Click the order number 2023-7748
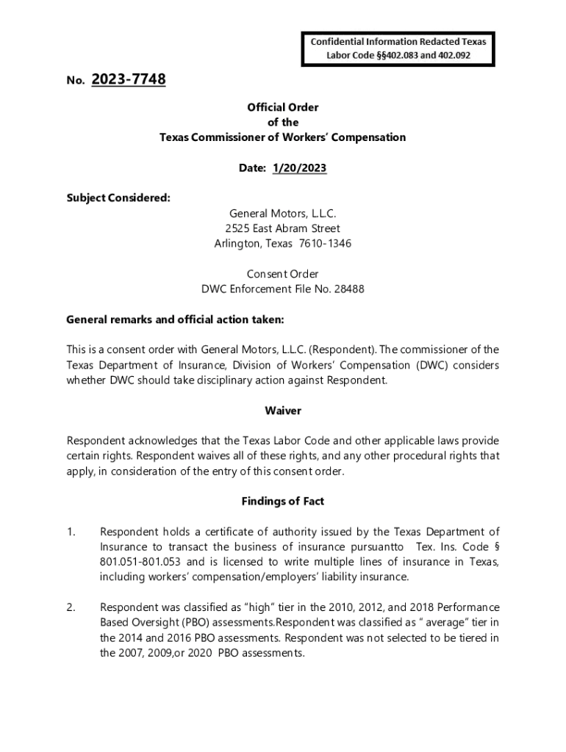coord(129,79)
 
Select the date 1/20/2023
coord(299,168)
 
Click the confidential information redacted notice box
coord(397,48)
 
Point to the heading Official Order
coord(283,107)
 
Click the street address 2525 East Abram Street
coord(283,228)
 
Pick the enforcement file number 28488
coord(349,289)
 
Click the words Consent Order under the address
coord(283,274)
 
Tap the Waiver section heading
coord(283,411)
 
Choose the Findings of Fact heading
coord(283,502)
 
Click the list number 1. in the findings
coord(71,532)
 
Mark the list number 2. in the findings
coord(71,607)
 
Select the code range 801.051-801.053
coord(141,562)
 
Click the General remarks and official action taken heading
coord(175,319)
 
